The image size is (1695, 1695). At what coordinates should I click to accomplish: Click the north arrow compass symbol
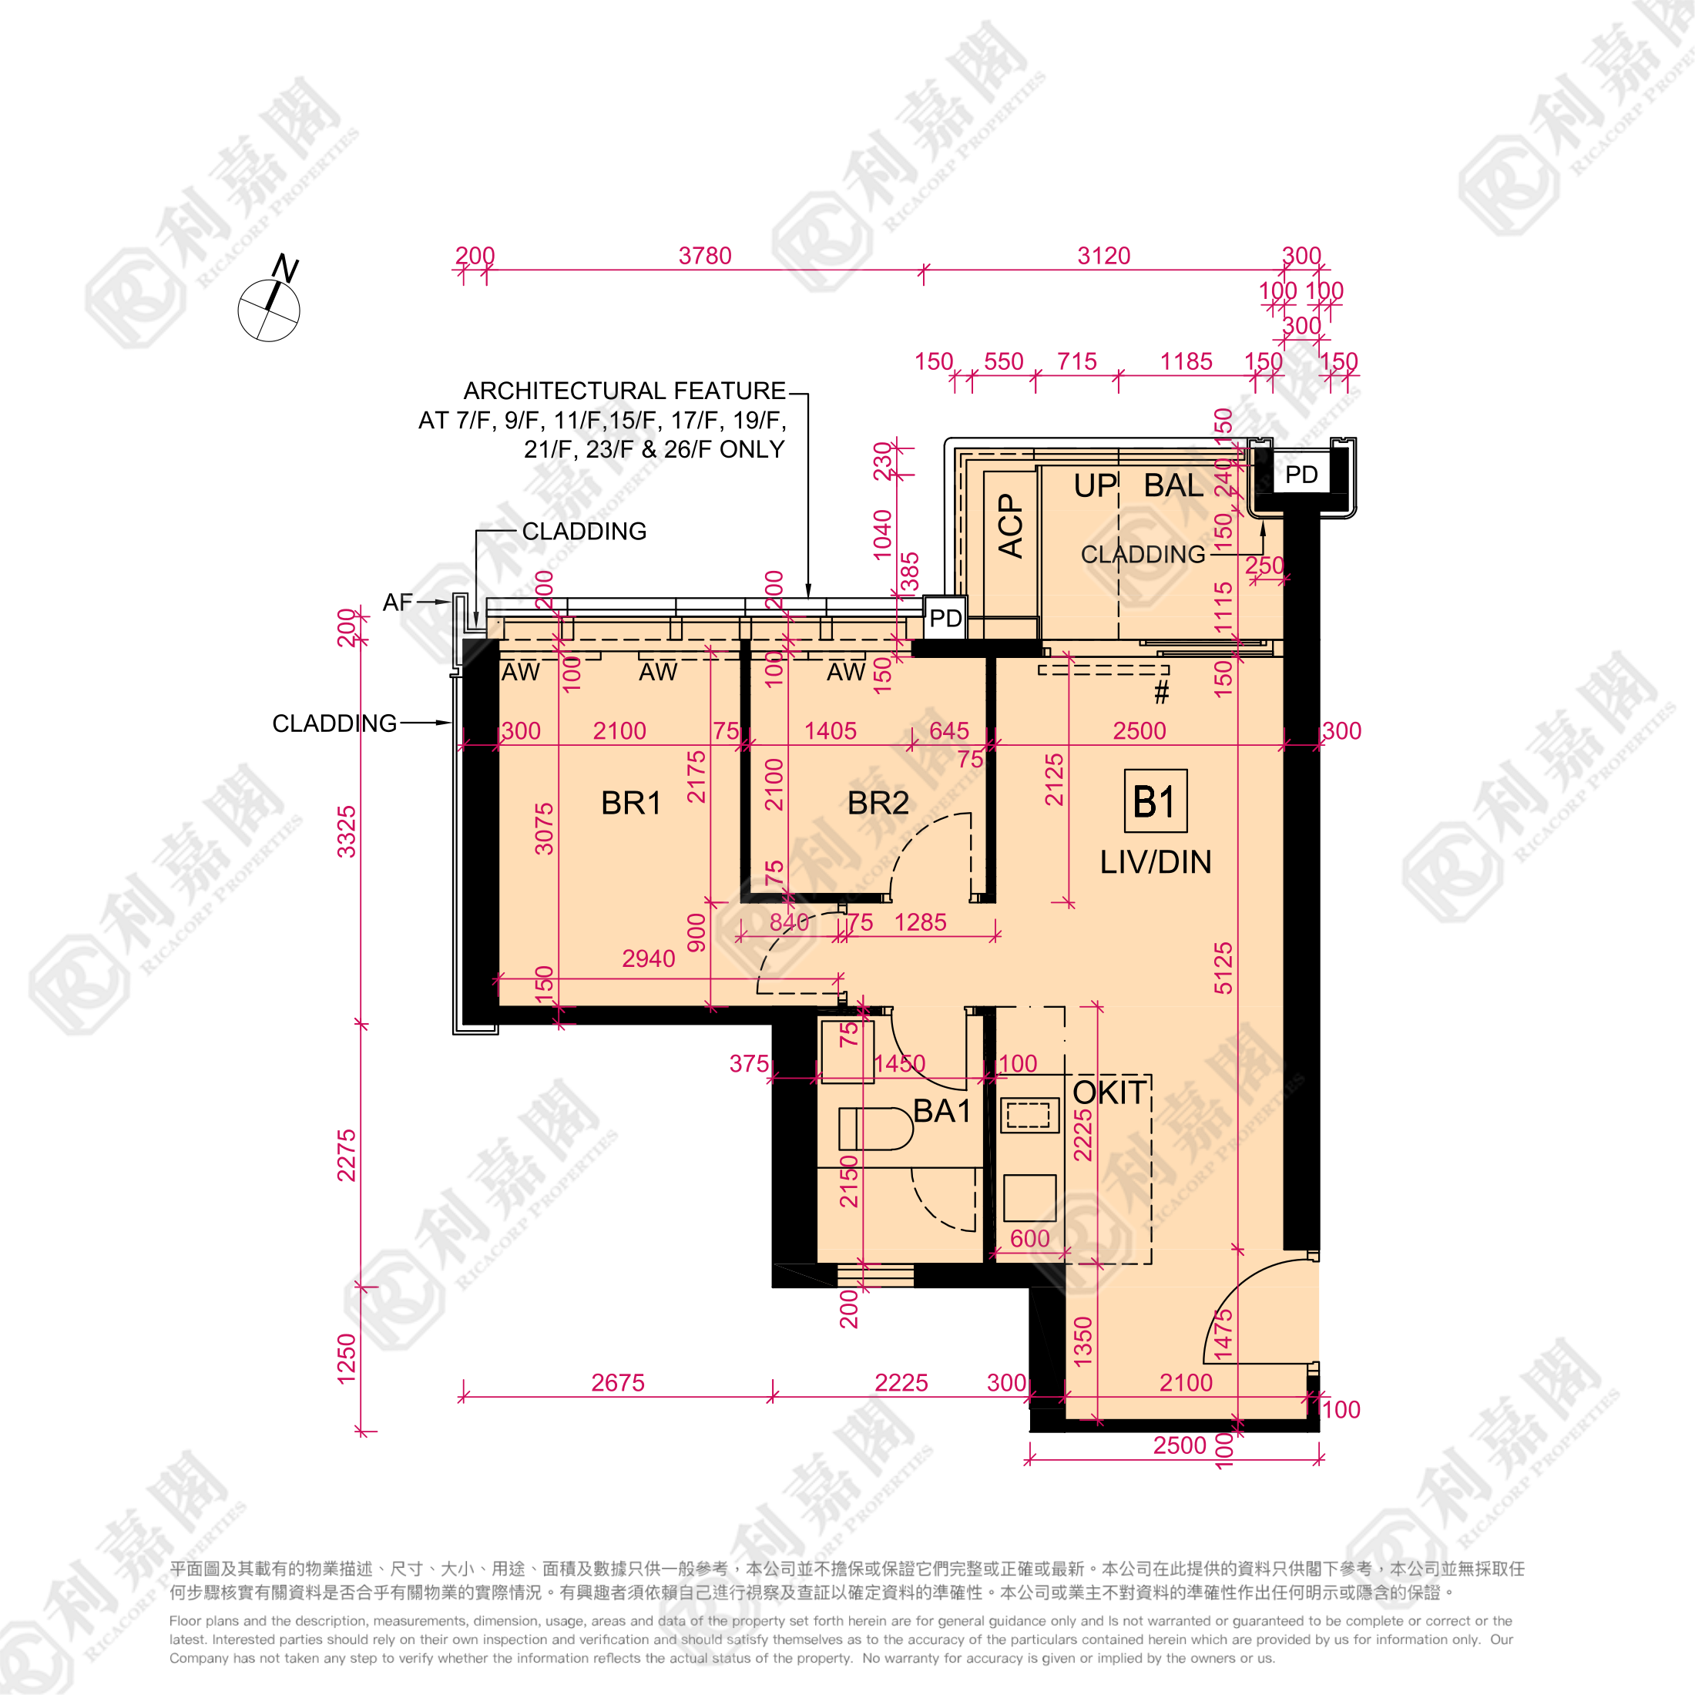(x=268, y=309)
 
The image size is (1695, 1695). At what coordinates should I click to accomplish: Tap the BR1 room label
(x=631, y=803)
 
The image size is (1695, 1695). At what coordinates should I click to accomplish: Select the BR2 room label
(x=878, y=803)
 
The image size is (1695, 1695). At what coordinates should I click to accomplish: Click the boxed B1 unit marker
(x=1156, y=801)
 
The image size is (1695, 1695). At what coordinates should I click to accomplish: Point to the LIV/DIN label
(x=1156, y=861)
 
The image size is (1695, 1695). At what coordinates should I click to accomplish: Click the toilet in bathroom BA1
(x=874, y=1128)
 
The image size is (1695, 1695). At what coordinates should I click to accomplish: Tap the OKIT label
(x=1109, y=1093)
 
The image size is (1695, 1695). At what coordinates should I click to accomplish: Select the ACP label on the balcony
(x=1011, y=525)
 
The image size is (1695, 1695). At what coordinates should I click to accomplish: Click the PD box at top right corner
(x=1301, y=475)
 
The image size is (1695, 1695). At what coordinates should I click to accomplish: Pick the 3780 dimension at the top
(x=704, y=257)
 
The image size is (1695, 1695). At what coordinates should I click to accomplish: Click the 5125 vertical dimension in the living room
(x=1223, y=968)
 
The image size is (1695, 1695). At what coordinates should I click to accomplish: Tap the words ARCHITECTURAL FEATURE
(x=624, y=391)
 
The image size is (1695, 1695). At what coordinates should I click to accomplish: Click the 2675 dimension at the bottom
(x=618, y=1383)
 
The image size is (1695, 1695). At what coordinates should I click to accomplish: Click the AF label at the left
(x=398, y=602)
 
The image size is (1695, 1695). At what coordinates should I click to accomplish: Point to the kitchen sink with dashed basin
(x=1029, y=1115)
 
